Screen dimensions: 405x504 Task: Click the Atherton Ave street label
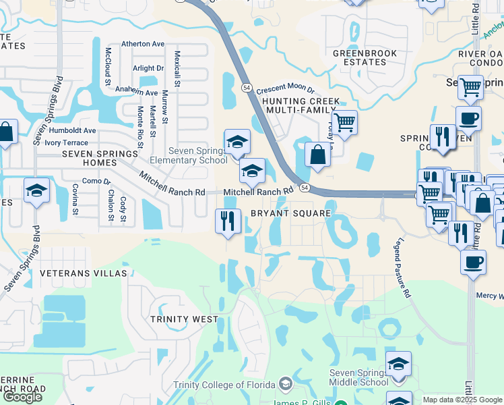click(143, 44)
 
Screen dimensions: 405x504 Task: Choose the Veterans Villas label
click(84, 273)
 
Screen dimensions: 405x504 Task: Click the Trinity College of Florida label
click(226, 385)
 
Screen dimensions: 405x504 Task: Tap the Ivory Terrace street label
click(66, 142)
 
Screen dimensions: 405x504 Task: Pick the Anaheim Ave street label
click(136, 92)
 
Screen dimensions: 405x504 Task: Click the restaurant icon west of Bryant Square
click(228, 220)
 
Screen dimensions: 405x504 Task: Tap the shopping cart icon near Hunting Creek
click(344, 122)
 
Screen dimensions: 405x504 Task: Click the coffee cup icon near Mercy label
click(473, 261)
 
